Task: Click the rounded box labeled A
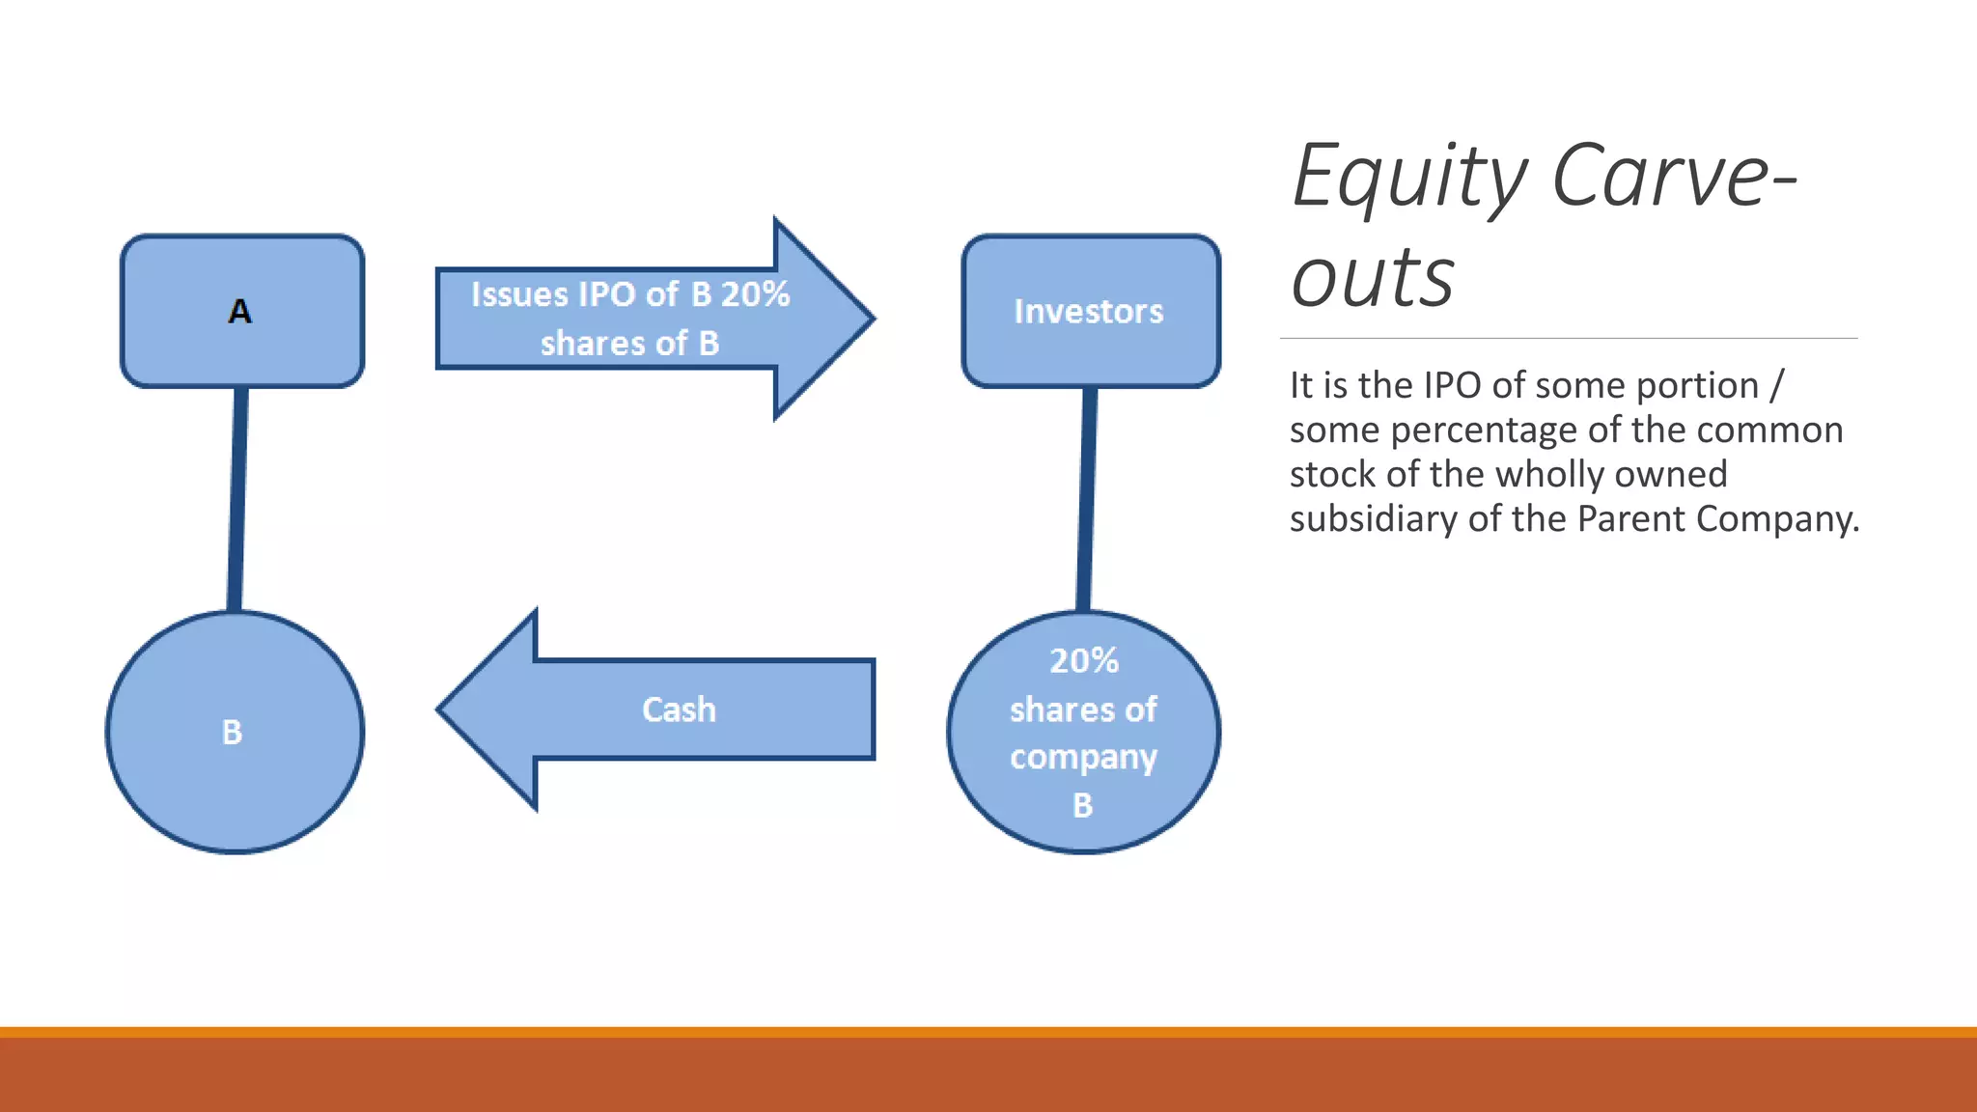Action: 241,311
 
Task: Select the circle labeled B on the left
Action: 235,732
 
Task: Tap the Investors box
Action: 1091,311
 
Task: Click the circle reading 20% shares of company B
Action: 1083,732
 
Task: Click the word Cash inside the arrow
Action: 679,709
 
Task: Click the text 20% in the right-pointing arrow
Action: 755,293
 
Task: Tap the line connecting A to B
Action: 237,498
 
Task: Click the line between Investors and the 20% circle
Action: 1087,498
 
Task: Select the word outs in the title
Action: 1372,278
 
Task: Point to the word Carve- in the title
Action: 1674,176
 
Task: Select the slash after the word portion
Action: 1776,385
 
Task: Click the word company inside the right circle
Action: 1083,758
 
